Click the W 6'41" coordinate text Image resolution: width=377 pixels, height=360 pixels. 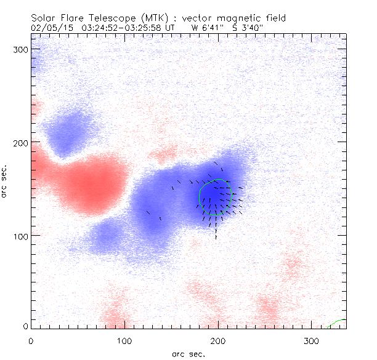tap(209, 28)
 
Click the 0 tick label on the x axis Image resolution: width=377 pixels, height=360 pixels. tap(31, 340)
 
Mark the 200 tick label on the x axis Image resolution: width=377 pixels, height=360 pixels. tap(218, 340)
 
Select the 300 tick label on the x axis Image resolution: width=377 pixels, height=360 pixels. tap(312, 340)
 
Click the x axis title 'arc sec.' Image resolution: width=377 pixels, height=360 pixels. tap(188, 354)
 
